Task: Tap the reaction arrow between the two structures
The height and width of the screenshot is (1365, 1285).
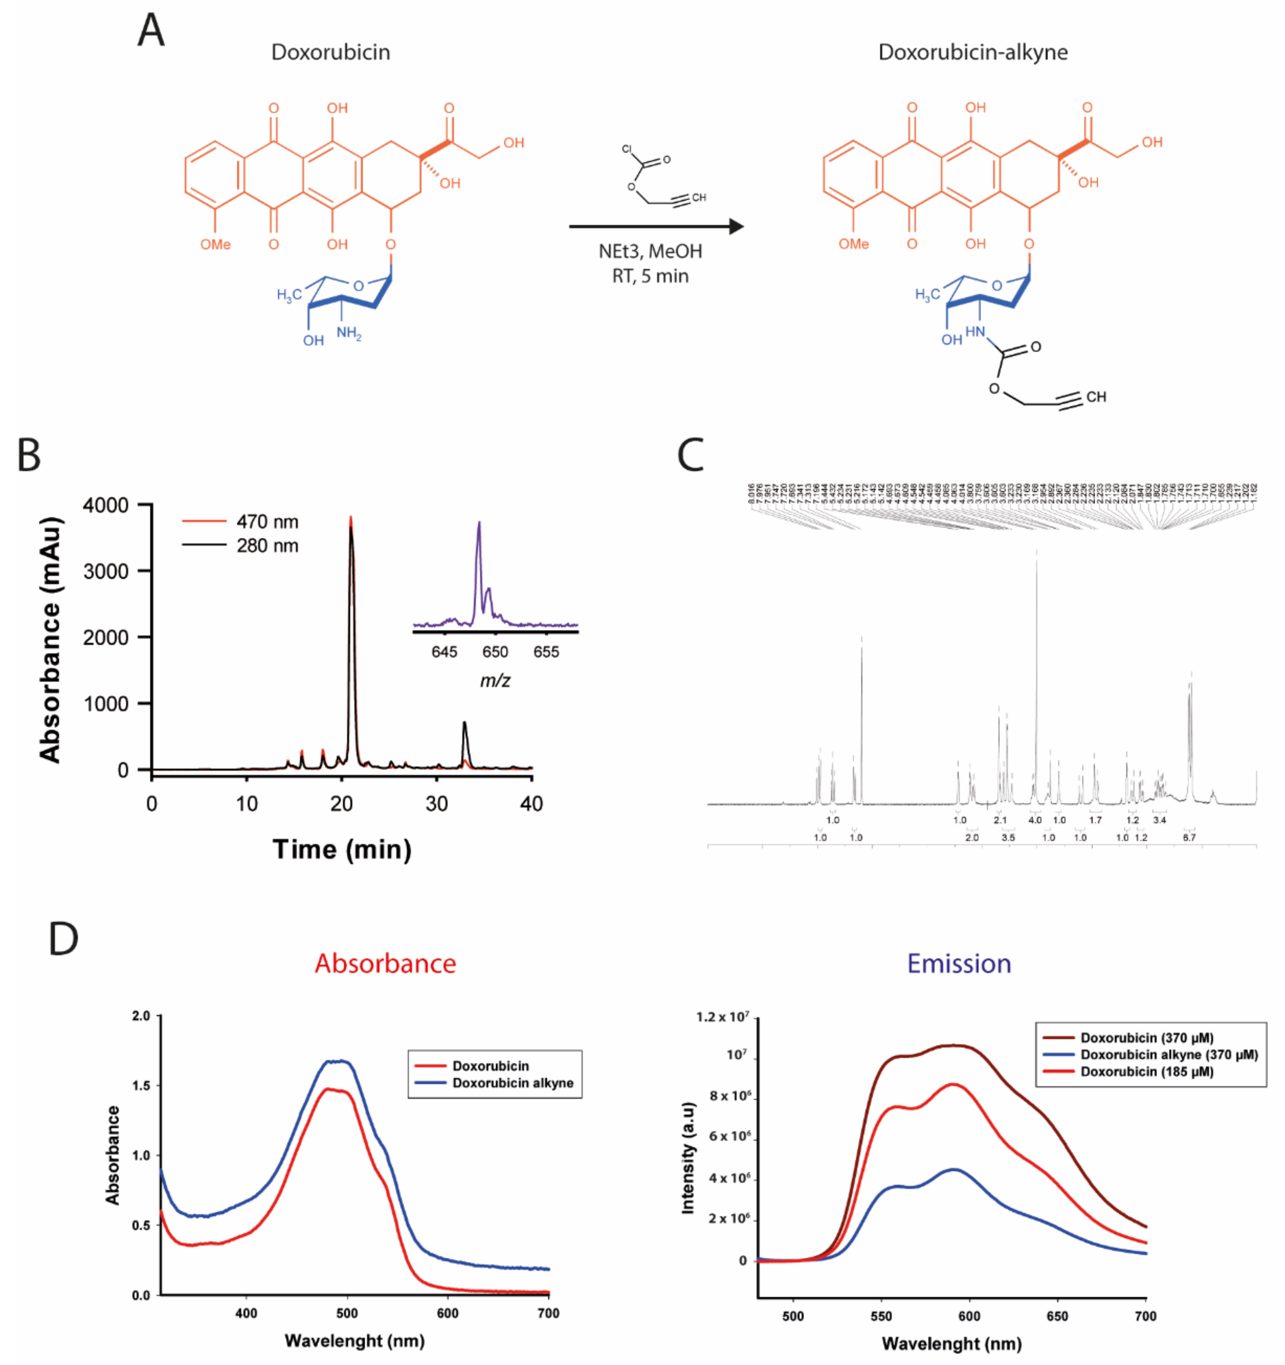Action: pyautogui.click(x=656, y=226)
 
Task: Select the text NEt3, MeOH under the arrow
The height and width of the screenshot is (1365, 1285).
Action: pyautogui.click(x=650, y=251)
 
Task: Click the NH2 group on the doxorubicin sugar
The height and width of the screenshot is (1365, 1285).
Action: pyautogui.click(x=348, y=334)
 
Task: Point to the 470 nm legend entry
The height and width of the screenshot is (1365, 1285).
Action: pyautogui.click(x=266, y=522)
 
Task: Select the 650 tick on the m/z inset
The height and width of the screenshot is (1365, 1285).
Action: pyautogui.click(x=495, y=652)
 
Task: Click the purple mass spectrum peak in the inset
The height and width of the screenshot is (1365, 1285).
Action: pyautogui.click(x=479, y=542)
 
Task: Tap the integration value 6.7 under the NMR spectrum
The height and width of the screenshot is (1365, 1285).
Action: pyautogui.click(x=1189, y=838)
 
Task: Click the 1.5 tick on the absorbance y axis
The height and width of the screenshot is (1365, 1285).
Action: pyautogui.click(x=142, y=1086)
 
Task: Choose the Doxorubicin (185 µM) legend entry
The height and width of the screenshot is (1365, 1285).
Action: pyautogui.click(x=1146, y=1072)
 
